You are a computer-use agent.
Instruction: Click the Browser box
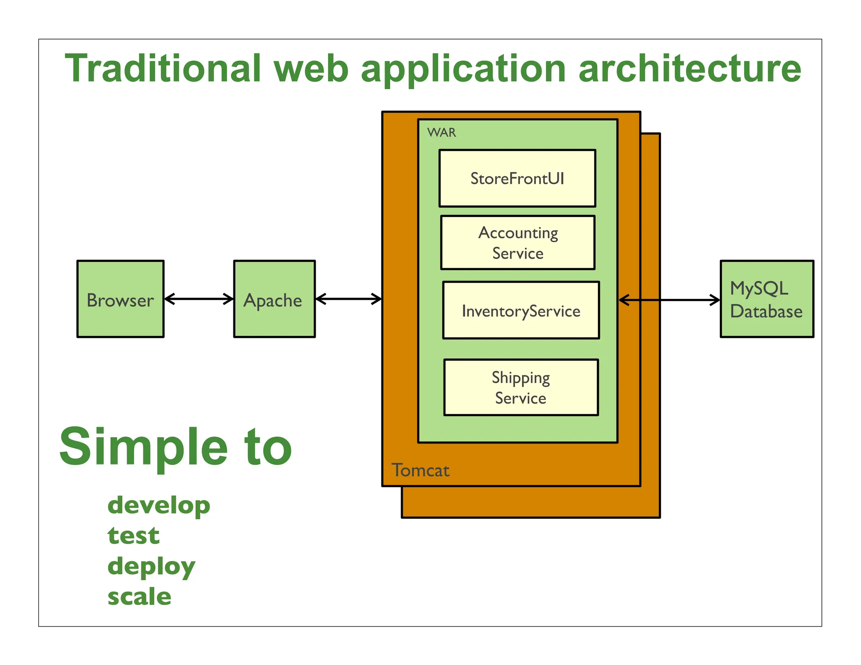[x=120, y=299]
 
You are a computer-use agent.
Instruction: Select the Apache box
[x=274, y=299]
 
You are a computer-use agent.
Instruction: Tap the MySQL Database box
[x=766, y=299]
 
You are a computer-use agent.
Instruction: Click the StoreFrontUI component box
[x=517, y=178]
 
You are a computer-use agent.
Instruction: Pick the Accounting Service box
[x=518, y=243]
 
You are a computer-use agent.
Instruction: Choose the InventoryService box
[x=521, y=310]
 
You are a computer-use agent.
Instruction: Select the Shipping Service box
[x=521, y=387]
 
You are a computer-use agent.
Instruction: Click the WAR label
[x=441, y=132]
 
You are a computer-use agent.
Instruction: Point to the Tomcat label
[x=420, y=470]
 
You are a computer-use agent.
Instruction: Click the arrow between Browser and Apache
[x=199, y=299]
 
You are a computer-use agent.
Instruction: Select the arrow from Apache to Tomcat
[x=349, y=299]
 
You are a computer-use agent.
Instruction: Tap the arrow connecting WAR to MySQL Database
[x=669, y=300]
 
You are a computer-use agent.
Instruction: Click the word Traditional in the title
[x=163, y=68]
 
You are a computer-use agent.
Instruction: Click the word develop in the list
[x=159, y=505]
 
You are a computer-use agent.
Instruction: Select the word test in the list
[x=134, y=536]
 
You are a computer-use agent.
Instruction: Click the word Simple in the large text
[x=143, y=446]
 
